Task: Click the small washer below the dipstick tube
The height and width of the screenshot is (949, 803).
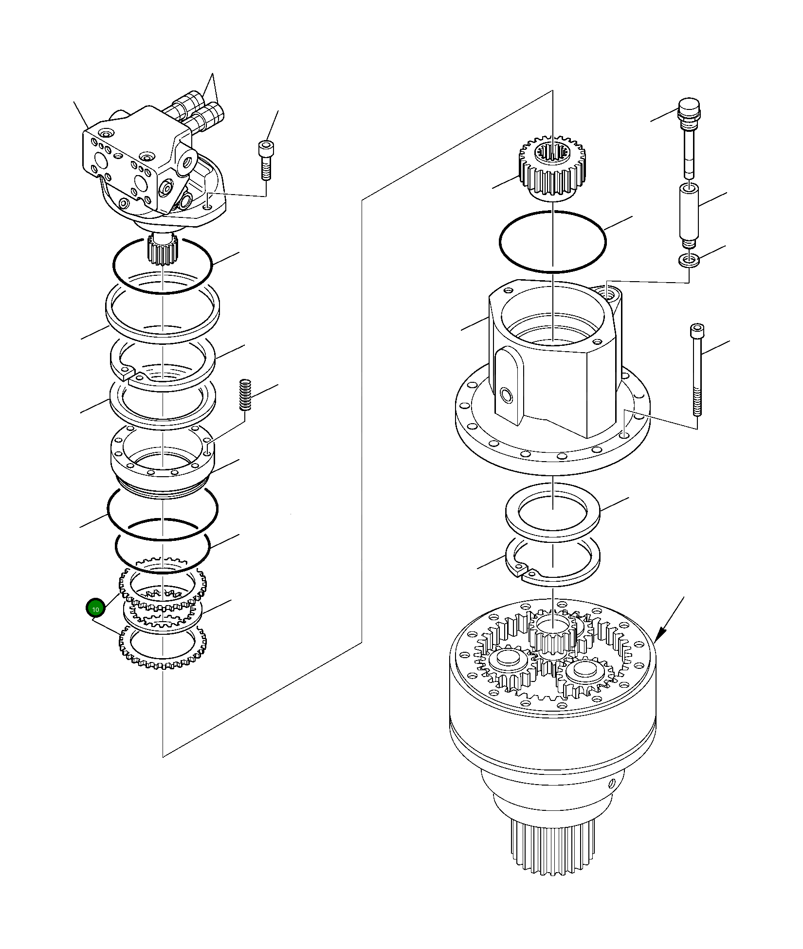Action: click(x=689, y=261)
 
